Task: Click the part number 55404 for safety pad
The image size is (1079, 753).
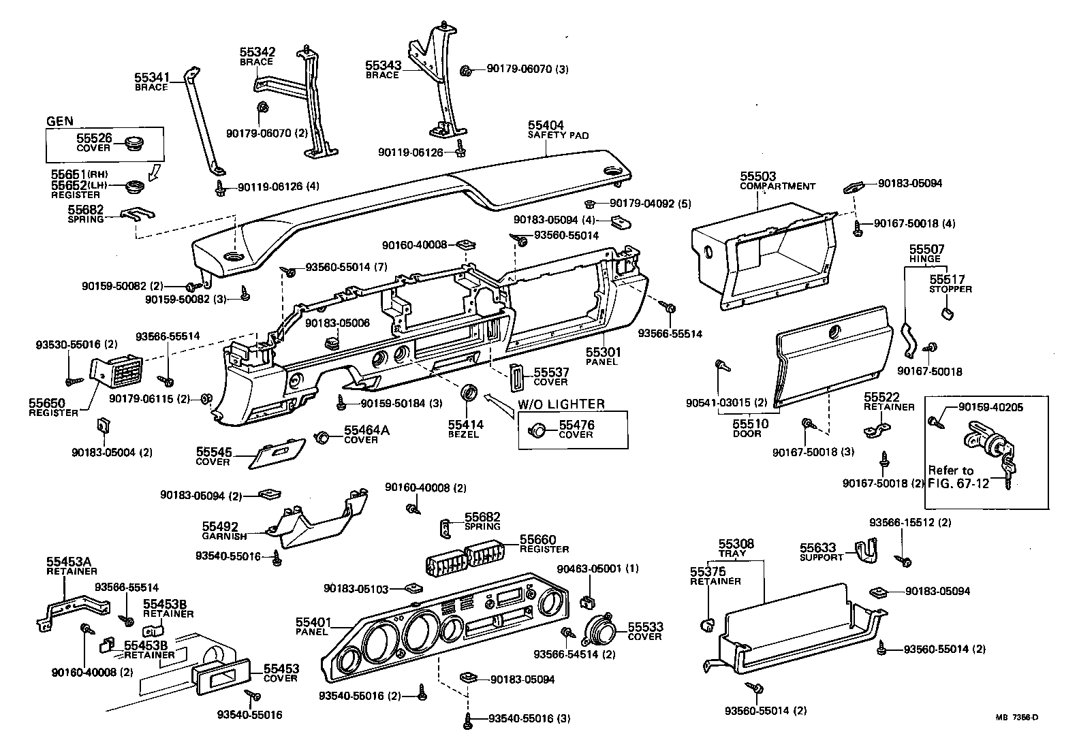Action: [x=546, y=126]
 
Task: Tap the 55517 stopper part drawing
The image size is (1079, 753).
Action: [x=945, y=313]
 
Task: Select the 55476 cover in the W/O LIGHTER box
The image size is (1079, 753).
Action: [x=537, y=430]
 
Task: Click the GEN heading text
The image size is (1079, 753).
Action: [x=59, y=121]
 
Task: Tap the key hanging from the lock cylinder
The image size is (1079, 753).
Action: [x=1008, y=470]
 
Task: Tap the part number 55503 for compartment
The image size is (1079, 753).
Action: [x=757, y=177]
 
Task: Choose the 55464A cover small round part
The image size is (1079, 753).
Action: [x=323, y=436]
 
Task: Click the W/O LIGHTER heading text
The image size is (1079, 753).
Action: [x=561, y=404]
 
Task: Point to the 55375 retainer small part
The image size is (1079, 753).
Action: [x=706, y=623]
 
